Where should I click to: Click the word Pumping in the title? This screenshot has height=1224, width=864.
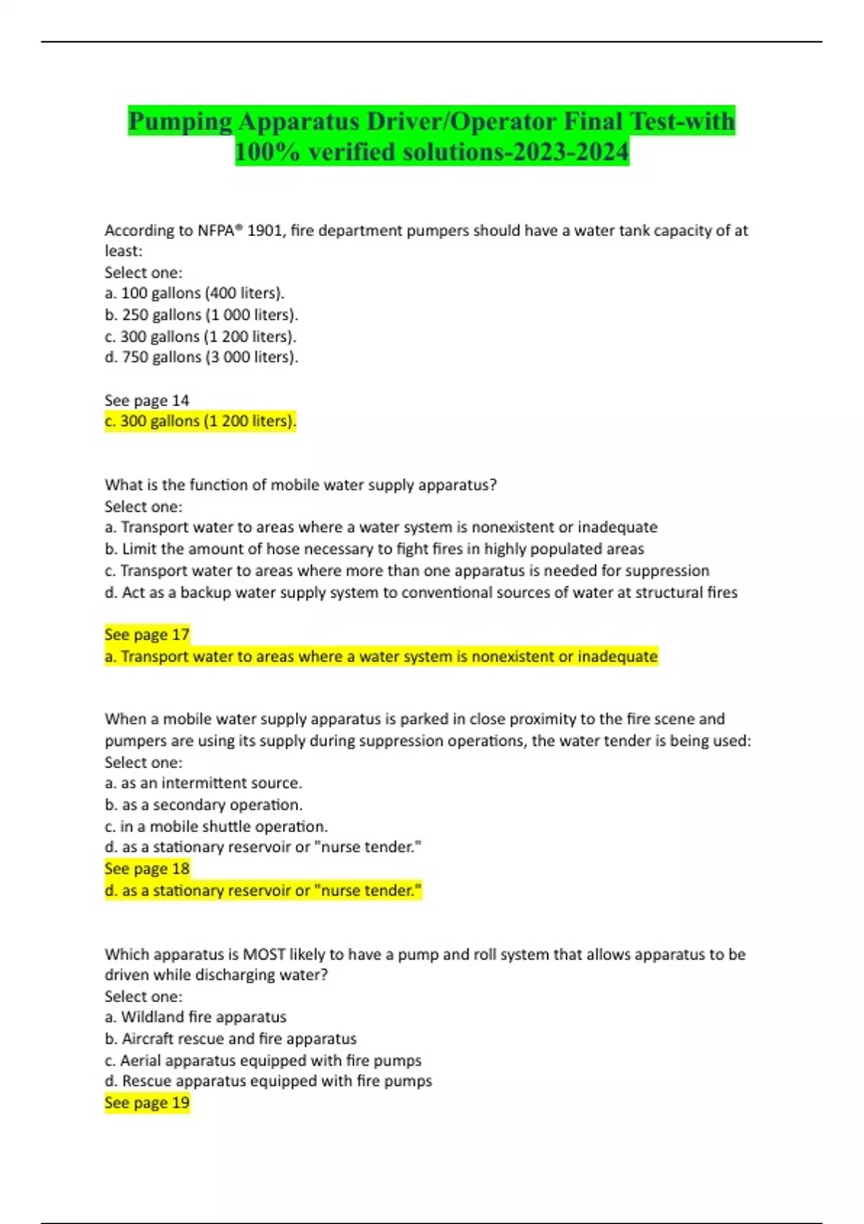180,122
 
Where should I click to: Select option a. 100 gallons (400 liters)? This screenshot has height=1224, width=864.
194,293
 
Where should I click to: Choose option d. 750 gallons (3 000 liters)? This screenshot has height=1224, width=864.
201,357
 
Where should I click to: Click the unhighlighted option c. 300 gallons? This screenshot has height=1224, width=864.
200,336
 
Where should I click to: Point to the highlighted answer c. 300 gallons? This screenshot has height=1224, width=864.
200,421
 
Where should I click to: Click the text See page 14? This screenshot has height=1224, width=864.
147,400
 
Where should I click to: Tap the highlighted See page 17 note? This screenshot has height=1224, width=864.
147,634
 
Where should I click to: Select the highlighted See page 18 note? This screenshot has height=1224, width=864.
147,869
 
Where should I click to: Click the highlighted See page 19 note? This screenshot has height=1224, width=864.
147,1103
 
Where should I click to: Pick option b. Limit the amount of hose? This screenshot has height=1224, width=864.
374,549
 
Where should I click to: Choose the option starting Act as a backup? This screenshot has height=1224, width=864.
421,592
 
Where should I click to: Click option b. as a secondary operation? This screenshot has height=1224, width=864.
203,804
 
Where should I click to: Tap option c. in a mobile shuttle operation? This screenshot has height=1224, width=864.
216,826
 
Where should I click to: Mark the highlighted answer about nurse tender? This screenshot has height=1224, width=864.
263,891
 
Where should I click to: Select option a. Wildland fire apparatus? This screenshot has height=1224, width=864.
195,1017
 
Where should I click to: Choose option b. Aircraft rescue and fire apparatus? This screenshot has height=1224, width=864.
230,1038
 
